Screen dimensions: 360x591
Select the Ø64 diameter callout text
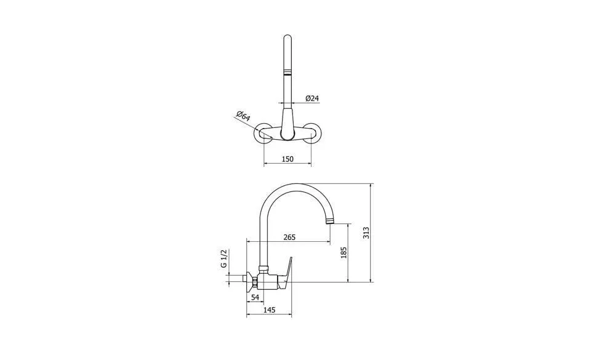(x=243, y=116)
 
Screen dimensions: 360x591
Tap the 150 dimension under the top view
(x=287, y=159)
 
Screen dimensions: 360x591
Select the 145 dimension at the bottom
(x=268, y=311)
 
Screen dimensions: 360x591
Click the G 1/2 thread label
(x=225, y=259)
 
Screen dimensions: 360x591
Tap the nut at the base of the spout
(x=264, y=268)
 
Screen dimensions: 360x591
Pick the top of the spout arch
(x=294, y=185)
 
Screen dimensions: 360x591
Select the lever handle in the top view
(x=287, y=123)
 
